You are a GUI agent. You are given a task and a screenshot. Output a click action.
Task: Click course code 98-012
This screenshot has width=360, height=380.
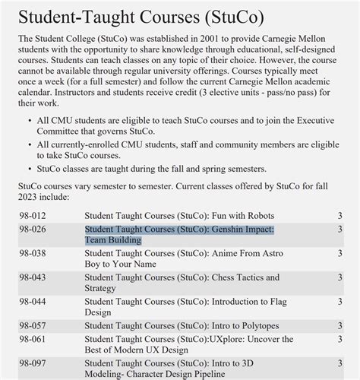[x=33, y=216]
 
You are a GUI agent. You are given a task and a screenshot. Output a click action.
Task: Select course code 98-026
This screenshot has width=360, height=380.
[x=33, y=229]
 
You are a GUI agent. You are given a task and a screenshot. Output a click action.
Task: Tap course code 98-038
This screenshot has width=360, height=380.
[x=33, y=253]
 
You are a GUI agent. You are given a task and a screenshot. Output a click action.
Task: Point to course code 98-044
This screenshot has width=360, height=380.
[x=33, y=302]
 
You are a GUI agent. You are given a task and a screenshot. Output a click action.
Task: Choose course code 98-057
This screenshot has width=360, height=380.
[x=33, y=326]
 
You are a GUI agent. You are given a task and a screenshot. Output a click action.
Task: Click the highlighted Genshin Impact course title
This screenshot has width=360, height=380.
[x=179, y=234]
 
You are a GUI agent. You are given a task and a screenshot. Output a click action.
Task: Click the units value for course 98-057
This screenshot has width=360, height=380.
[x=339, y=326]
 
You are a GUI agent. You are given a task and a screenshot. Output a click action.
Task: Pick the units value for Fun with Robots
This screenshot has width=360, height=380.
[x=339, y=216]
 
